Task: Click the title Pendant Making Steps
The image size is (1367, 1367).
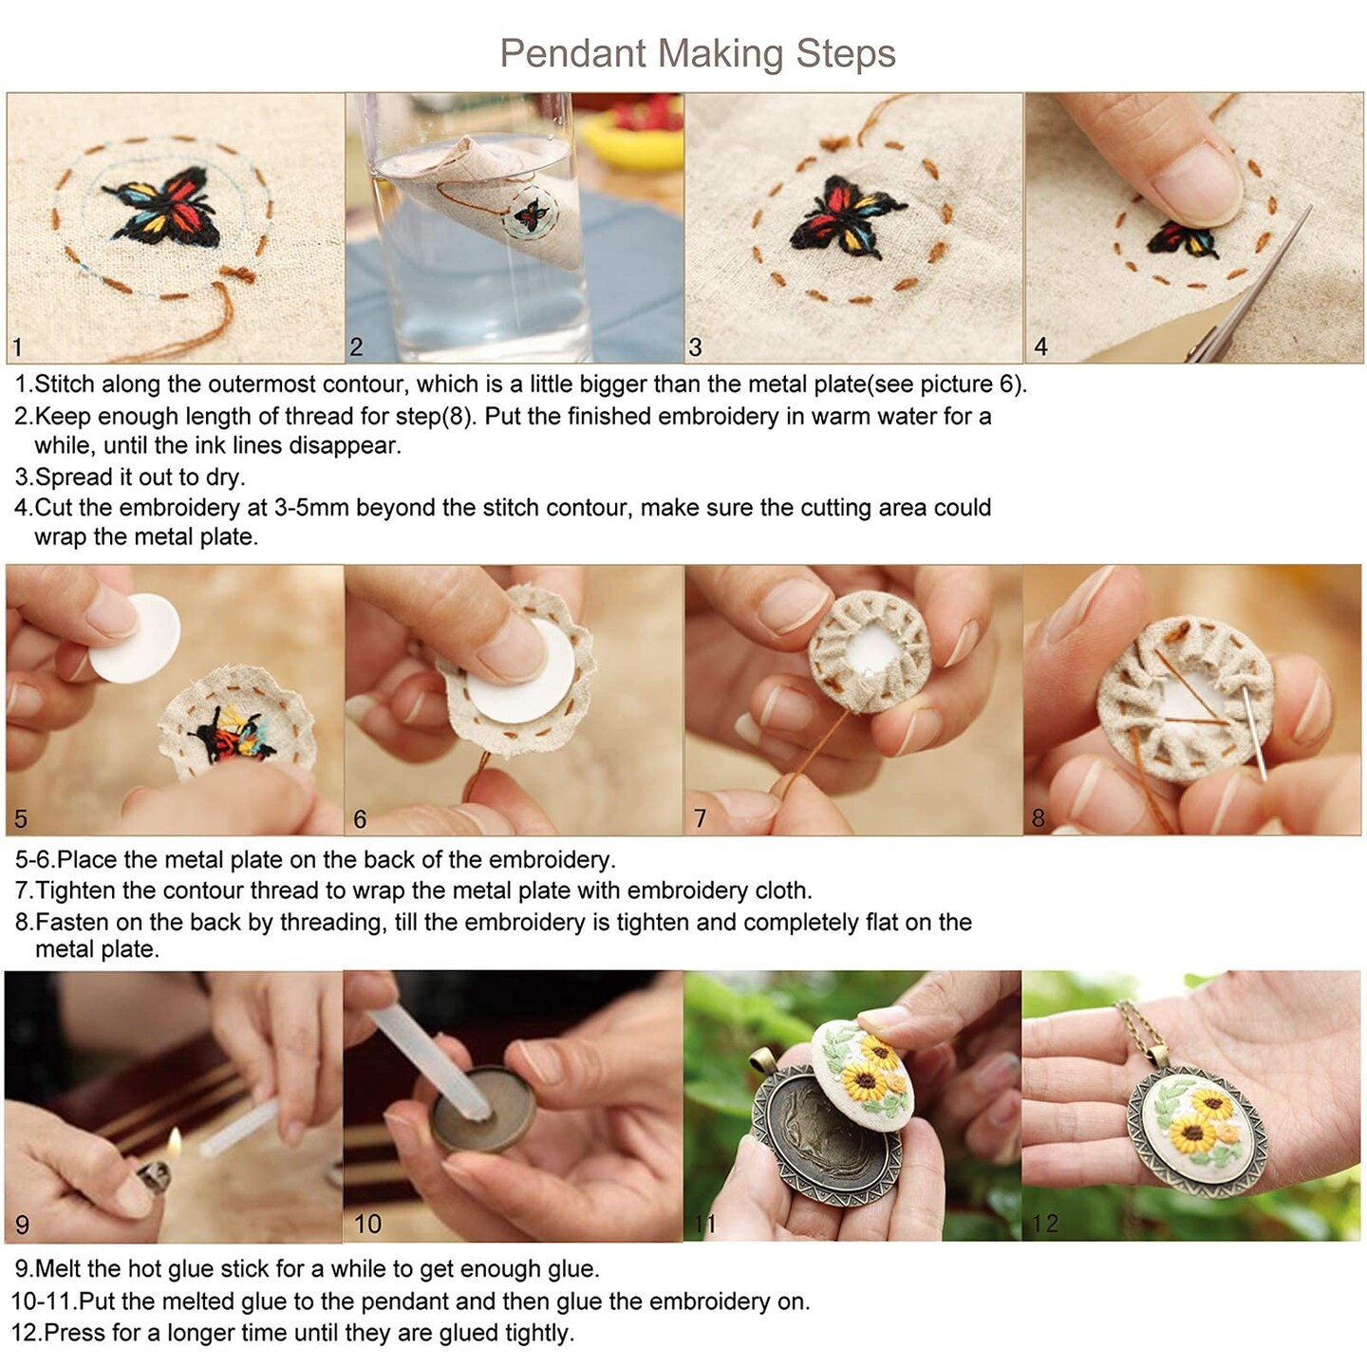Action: coord(697,53)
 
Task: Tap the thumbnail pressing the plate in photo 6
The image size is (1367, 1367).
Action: coord(513,646)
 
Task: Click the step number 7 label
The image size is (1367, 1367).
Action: coord(700,818)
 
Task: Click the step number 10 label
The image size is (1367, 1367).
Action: coord(367,1224)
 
